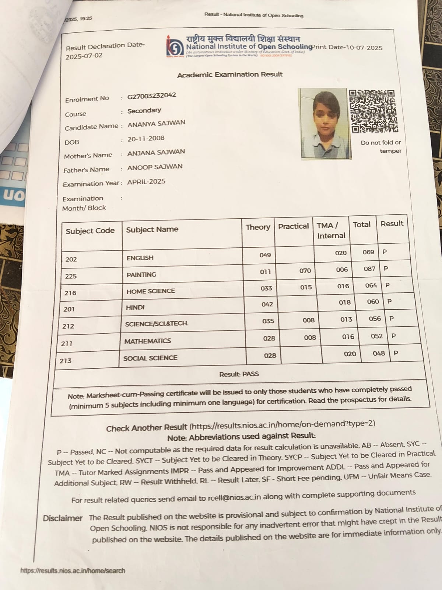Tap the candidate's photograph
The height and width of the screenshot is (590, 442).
point(324,124)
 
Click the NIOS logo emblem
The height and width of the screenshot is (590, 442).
point(175,47)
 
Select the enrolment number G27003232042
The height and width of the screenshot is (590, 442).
point(152,96)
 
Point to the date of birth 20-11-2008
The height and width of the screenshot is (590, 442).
point(146,139)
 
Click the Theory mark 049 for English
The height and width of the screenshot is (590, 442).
point(265,255)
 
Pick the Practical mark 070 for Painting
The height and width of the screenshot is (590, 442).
point(305,271)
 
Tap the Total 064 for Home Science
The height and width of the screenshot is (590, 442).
point(371,285)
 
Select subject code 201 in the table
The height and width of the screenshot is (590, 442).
point(69,309)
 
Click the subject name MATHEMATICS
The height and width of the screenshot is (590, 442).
point(147,341)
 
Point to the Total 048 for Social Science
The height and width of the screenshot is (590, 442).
point(379,353)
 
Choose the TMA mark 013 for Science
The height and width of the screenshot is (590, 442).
point(346,319)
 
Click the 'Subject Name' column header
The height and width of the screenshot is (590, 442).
point(152,229)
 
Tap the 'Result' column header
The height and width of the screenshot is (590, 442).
point(392,223)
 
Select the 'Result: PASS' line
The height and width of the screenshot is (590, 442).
point(239,374)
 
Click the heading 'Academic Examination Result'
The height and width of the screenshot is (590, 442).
point(230,74)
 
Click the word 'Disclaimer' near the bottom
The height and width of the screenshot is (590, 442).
point(63,518)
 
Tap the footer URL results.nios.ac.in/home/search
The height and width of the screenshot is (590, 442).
point(73,570)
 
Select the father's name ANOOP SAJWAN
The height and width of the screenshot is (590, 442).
point(155,167)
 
